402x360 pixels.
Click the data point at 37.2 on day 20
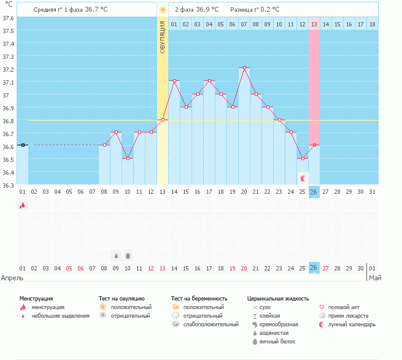point(244,67)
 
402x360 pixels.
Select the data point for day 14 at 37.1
point(174,80)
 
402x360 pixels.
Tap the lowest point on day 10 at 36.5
point(128,158)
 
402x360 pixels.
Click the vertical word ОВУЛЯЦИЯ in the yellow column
point(163,36)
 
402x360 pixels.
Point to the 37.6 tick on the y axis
point(9,18)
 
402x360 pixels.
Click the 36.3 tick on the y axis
point(9,185)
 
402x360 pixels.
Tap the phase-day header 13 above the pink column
point(314,25)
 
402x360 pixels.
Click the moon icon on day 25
point(303,178)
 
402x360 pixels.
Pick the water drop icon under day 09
point(116,255)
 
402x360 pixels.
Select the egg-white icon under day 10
point(128,255)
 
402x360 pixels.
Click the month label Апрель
point(12,278)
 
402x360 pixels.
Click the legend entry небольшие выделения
point(60,316)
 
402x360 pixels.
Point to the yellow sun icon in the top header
point(163,10)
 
